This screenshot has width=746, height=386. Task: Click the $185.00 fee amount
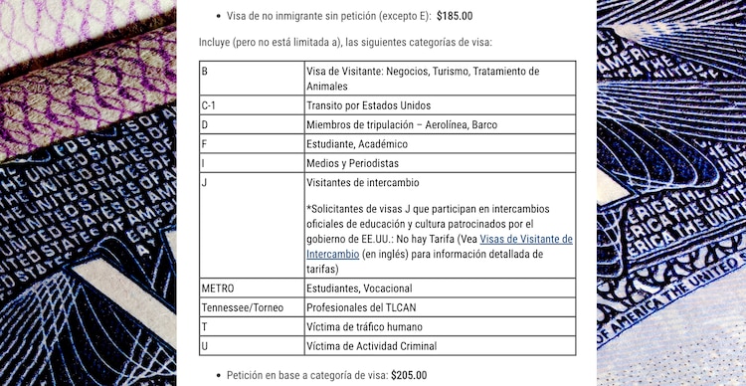(x=455, y=16)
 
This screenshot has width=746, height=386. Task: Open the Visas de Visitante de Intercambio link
(x=526, y=240)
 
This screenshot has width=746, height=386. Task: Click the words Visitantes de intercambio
(x=362, y=183)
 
